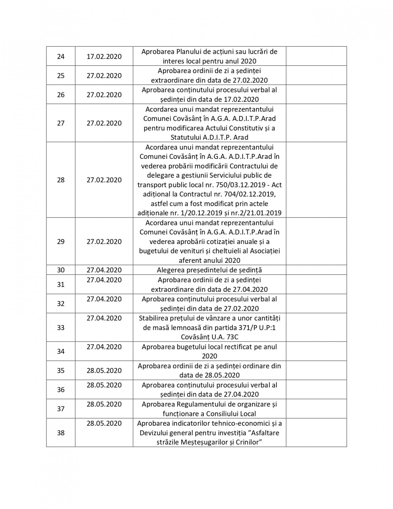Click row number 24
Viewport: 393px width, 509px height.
point(61,56)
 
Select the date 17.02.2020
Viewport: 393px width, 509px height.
point(104,56)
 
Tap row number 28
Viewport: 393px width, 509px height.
point(61,180)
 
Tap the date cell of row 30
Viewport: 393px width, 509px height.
point(104,270)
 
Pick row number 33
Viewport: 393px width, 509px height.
point(61,328)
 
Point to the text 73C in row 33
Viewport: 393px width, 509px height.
point(231,337)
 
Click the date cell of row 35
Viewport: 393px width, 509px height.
point(104,370)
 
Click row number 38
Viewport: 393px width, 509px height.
point(61,433)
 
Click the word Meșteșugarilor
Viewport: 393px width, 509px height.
point(203,442)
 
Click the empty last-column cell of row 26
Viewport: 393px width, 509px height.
point(316,95)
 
